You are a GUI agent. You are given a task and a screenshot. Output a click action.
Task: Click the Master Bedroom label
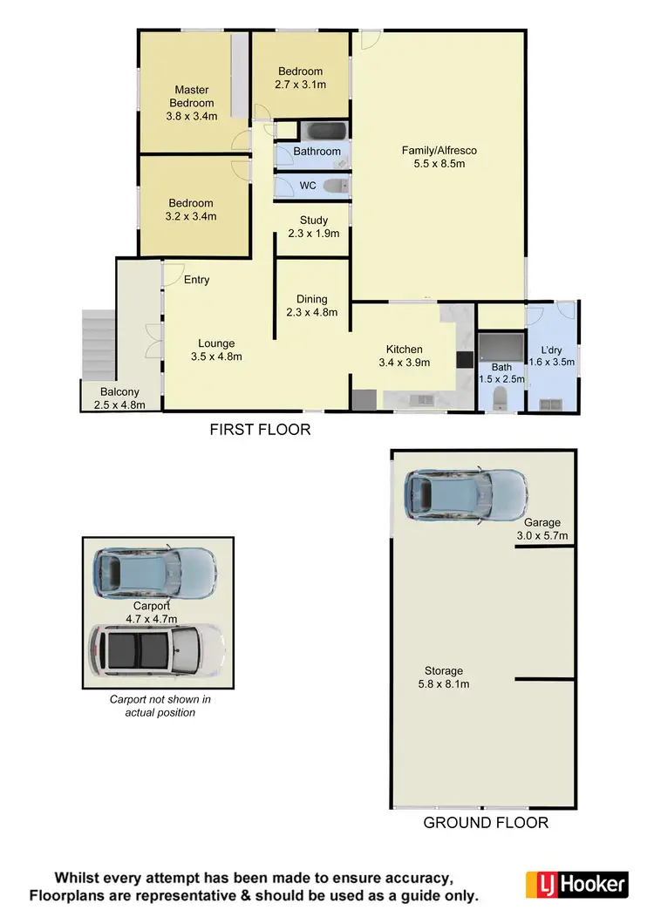(x=193, y=103)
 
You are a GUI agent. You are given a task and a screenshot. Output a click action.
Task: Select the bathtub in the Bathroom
(x=324, y=132)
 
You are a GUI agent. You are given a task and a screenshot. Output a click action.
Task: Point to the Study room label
(x=313, y=227)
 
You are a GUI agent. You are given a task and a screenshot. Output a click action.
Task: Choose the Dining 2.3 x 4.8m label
(x=312, y=305)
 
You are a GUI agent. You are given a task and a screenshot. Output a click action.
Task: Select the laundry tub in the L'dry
(x=551, y=403)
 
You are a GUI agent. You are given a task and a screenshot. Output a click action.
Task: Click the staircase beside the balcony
(x=98, y=343)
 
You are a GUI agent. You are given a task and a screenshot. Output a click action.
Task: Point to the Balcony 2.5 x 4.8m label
(x=119, y=398)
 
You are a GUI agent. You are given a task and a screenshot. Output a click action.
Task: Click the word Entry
(x=196, y=280)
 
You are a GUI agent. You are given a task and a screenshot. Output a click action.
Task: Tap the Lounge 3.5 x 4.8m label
(x=215, y=350)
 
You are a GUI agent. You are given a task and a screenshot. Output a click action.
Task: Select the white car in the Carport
(x=158, y=649)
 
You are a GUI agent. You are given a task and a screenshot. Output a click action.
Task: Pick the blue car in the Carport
(x=154, y=573)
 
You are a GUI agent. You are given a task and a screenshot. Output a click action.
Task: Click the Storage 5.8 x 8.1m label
(x=444, y=677)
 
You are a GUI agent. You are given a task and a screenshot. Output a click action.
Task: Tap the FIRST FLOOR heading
(x=260, y=430)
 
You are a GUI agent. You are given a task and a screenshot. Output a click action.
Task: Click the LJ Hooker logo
(x=576, y=884)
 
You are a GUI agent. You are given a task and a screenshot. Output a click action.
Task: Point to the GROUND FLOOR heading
(x=485, y=822)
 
